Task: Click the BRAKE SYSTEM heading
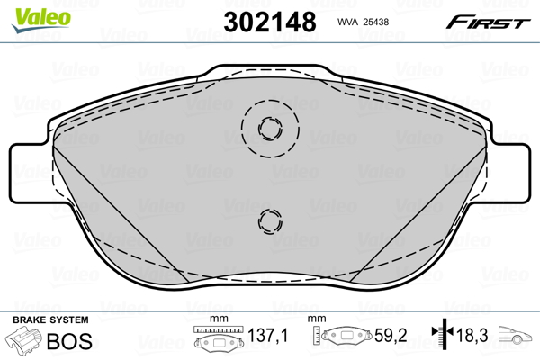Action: (50, 320)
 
